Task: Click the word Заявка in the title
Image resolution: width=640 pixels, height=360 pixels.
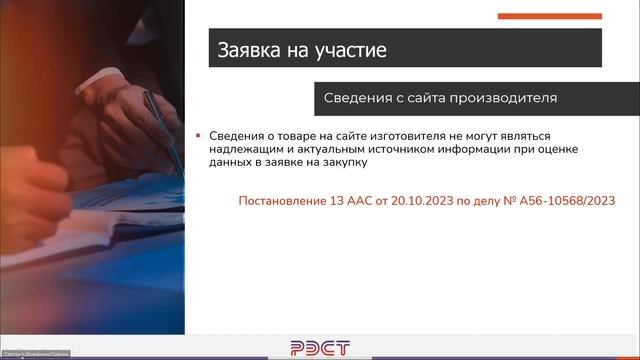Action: coord(249,48)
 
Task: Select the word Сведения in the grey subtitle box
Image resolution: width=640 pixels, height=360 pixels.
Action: coord(359,99)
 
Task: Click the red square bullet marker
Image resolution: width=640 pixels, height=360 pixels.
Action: coord(198,134)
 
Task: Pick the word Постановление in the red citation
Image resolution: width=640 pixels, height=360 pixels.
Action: coord(281,201)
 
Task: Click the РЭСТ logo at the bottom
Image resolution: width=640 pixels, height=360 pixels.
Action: coord(319,347)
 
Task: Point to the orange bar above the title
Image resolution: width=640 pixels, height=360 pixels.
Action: coord(549,16)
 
